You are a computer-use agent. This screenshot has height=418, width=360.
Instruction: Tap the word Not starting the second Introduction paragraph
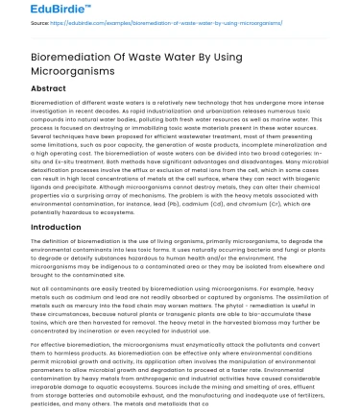(36, 285)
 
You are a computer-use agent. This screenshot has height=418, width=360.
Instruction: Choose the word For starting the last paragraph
(36, 342)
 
